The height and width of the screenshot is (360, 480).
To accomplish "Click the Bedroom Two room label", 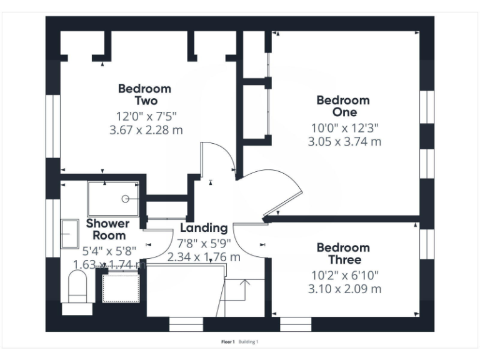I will click(x=144, y=94).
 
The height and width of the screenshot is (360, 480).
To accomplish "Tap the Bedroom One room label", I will click(x=343, y=106).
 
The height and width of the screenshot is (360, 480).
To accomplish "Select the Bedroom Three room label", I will click(x=343, y=254).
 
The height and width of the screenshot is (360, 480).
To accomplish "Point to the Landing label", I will click(x=203, y=228).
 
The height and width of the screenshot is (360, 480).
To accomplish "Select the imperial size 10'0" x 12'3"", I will click(x=344, y=128).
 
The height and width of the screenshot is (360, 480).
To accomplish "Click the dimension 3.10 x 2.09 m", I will click(x=344, y=289).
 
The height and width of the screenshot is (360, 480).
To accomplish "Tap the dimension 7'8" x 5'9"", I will click(x=204, y=243).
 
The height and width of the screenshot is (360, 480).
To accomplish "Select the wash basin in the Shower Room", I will click(x=69, y=232).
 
